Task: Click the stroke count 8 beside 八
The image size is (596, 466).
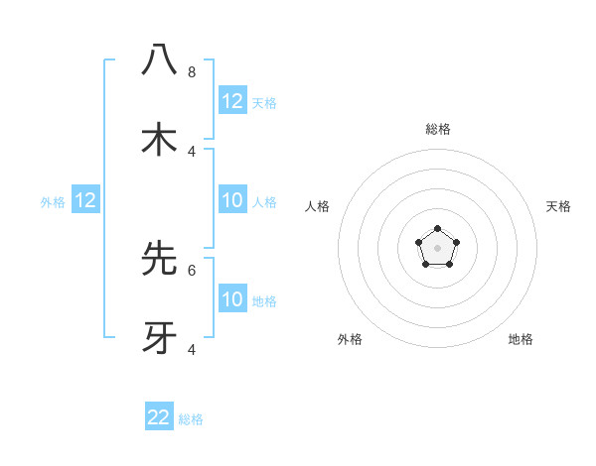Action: tap(192, 71)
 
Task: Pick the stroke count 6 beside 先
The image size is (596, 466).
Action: tap(192, 270)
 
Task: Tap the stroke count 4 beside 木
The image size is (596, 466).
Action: tap(192, 151)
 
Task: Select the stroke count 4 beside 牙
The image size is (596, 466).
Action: tap(192, 349)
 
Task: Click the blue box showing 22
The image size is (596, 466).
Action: tap(159, 417)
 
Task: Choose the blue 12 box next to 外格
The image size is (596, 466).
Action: tap(85, 201)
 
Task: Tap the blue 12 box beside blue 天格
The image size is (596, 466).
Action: tap(232, 101)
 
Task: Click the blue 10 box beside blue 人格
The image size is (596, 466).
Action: tap(232, 201)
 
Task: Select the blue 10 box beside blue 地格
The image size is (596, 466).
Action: tap(232, 299)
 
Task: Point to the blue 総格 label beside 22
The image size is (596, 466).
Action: tap(191, 419)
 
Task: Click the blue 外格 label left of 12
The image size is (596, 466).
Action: tap(53, 202)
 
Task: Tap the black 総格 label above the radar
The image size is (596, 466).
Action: tap(437, 129)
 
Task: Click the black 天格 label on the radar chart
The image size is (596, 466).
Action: tap(559, 206)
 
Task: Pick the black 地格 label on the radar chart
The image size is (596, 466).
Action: tap(521, 339)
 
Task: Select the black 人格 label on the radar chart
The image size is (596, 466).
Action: tap(318, 206)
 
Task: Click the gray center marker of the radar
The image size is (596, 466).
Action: tap(437, 248)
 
